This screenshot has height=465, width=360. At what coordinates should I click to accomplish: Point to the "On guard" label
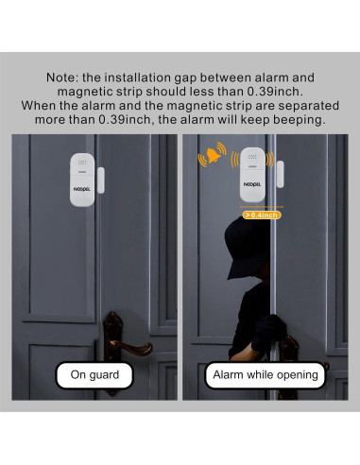click(90, 375)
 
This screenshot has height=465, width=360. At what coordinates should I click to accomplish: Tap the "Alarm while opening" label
click(265, 375)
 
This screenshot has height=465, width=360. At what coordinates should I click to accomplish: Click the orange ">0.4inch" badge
click(262, 215)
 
